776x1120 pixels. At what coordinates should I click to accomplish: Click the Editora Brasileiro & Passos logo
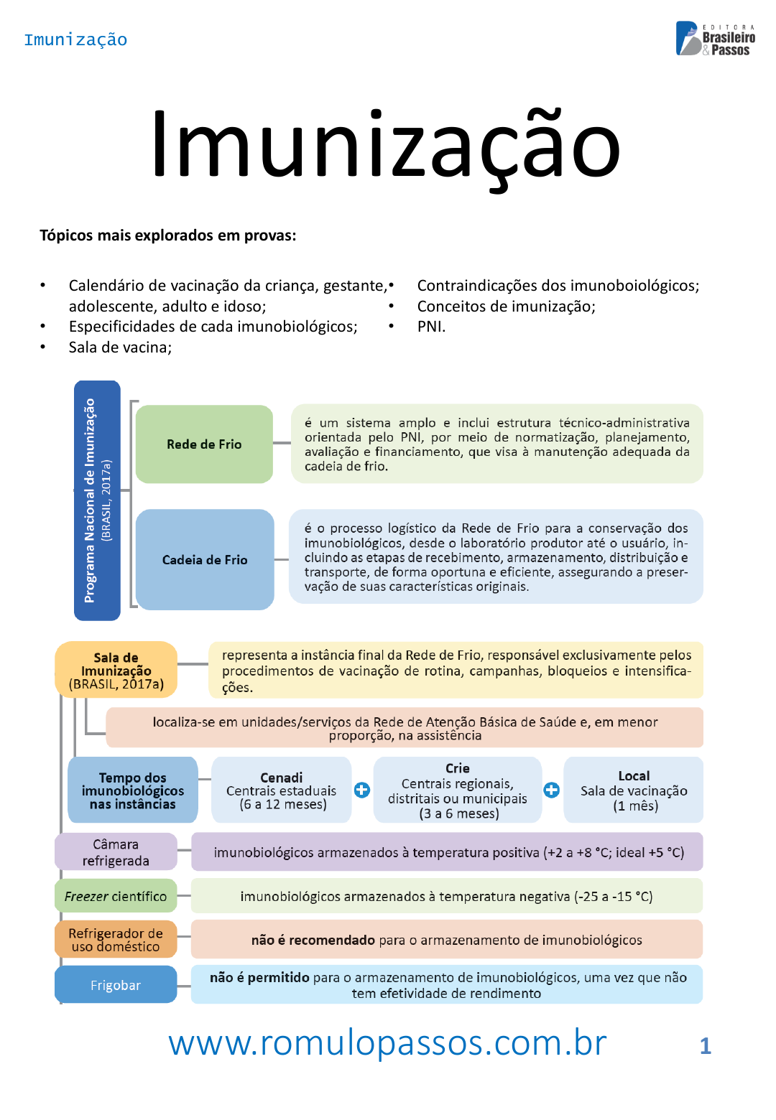715,39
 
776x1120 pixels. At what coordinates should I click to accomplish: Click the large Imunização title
386,144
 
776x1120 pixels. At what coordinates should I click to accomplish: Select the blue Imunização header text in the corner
75,39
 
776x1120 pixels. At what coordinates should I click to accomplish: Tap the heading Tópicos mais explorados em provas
167,235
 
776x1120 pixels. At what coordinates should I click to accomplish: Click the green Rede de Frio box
204,444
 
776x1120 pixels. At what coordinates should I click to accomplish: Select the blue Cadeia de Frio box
205,559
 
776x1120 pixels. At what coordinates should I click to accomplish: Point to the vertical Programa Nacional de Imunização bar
97,500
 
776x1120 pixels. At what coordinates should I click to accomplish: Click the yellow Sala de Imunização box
116,670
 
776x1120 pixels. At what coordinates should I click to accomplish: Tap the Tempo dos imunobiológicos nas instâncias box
133,790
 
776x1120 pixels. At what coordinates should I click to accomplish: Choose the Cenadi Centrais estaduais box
281,790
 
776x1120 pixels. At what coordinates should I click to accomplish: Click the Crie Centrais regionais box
458,790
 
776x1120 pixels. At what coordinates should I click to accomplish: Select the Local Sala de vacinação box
634,790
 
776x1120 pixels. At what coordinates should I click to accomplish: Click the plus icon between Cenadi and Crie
362,790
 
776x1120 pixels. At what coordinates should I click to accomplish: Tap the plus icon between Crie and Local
552,790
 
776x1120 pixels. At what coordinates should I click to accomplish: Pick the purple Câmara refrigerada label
116,851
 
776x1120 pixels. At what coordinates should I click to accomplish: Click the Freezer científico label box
116,896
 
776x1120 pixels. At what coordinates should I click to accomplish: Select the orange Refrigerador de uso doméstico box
116,939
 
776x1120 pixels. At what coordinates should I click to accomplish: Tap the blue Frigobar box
116,984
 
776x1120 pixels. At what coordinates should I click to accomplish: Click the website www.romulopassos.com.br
387,1042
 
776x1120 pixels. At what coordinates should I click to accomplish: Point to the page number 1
705,1046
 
